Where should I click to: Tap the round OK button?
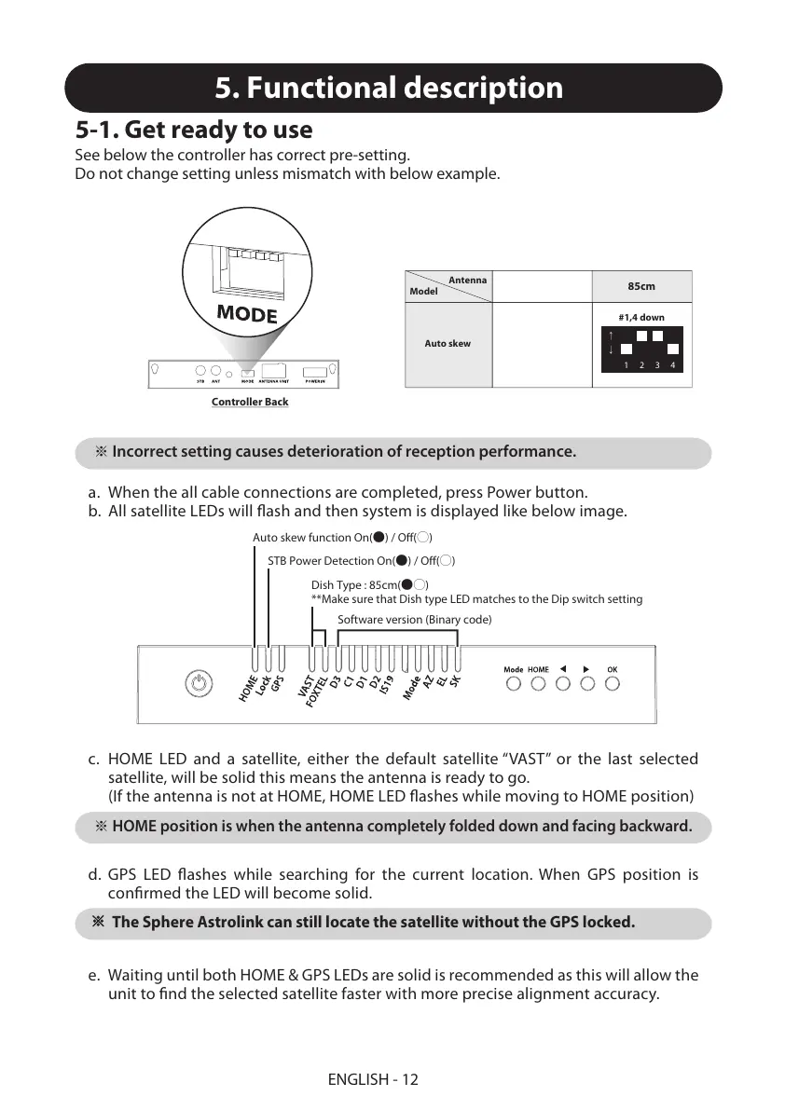click(x=612, y=684)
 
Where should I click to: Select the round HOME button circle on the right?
click(x=538, y=684)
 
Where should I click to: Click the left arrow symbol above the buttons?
click(x=563, y=668)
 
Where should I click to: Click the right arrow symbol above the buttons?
click(x=586, y=668)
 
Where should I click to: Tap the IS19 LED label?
click(x=388, y=690)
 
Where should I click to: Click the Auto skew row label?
click(x=448, y=344)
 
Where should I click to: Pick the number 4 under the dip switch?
click(x=672, y=365)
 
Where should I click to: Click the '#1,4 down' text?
click(x=641, y=318)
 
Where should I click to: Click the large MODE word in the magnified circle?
click(x=247, y=313)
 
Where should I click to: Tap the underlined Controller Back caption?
click(x=250, y=402)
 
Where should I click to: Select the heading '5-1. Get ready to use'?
click(x=194, y=130)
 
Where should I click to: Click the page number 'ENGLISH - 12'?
click(x=373, y=1079)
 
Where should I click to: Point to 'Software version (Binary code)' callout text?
click(x=414, y=619)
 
